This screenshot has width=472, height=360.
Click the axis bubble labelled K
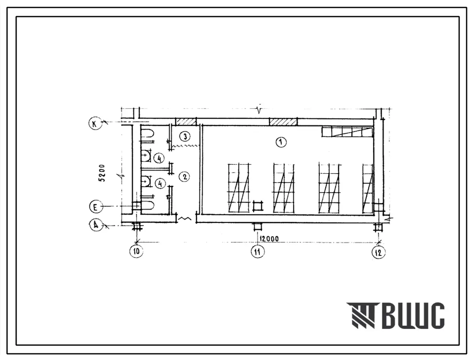tap(94, 124)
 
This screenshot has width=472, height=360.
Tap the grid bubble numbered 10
tap(137, 251)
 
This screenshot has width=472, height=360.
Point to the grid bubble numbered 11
tap(257, 251)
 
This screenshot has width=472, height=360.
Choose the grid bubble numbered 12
tap(378, 252)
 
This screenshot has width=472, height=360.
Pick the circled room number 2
tap(184, 176)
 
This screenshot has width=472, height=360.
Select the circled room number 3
tap(185, 136)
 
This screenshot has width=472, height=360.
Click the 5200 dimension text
tap(102, 173)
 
